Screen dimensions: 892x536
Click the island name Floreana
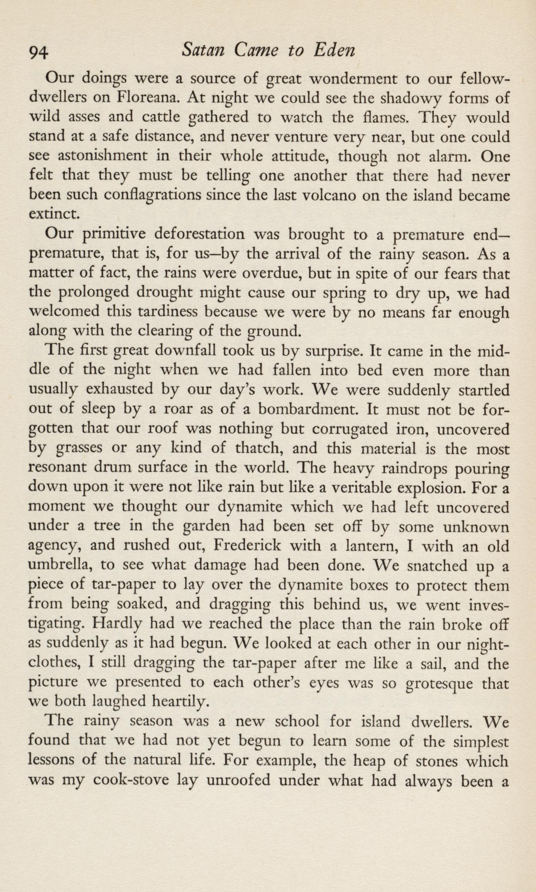pyautogui.click(x=147, y=97)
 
